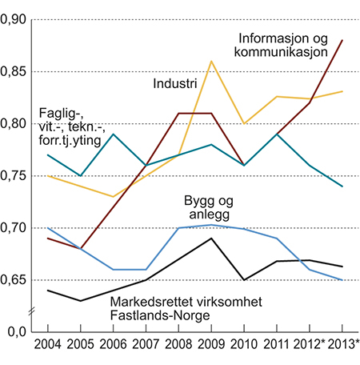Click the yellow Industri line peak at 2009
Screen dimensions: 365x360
click(x=210, y=61)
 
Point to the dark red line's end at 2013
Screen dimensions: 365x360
click(x=342, y=40)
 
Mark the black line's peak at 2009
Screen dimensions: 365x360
click(x=210, y=239)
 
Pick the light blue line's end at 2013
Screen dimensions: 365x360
click(x=342, y=280)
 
